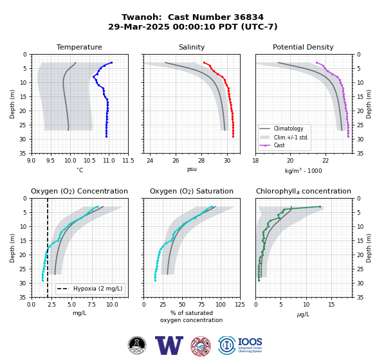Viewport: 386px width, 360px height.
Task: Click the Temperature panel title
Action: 79,47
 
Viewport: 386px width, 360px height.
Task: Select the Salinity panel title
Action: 192,47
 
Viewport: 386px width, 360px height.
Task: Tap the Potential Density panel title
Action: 303,47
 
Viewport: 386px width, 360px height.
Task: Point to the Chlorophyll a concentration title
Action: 304,191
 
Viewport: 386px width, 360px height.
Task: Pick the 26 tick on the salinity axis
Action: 176,161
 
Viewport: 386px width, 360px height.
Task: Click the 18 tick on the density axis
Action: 255,161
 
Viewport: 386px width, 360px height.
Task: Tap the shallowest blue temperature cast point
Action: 111,62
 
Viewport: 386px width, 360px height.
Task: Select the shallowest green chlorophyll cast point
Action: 320,206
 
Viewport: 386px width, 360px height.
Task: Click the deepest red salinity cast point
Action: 233,136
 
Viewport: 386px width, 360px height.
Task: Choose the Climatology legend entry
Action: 288,129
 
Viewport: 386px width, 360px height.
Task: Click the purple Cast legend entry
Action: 279,145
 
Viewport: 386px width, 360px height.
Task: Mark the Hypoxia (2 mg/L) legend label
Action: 98,289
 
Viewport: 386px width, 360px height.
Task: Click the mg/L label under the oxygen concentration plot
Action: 79,313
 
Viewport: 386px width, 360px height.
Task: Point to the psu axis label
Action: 192,169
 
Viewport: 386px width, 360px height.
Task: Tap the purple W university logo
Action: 169,345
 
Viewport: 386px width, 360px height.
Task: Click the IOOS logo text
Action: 250,342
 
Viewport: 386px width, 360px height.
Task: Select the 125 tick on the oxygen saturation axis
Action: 240,305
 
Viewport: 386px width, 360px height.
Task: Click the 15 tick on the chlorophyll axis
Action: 331,305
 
